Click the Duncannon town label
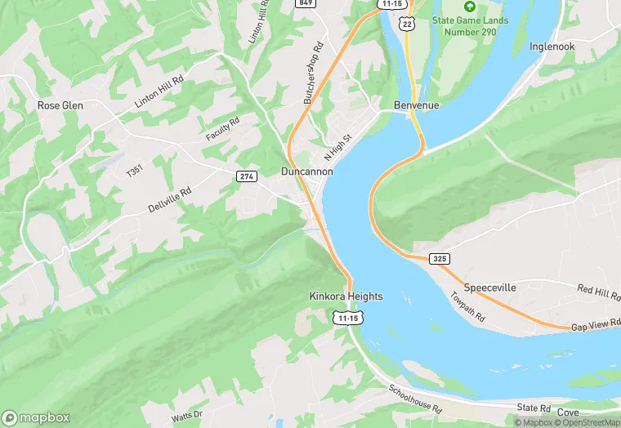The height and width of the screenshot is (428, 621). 306,172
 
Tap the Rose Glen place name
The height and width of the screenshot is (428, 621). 60,105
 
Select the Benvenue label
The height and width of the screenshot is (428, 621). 416,106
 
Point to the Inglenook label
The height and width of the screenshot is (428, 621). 552,47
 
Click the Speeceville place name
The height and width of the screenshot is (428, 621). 491,288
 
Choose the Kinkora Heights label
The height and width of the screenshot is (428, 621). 346,296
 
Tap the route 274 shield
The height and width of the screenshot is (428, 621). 246,176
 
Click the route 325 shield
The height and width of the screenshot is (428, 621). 440,258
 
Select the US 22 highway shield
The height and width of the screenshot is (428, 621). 406,25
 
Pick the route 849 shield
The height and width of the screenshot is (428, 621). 306,3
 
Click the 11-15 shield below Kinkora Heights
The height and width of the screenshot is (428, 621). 347,317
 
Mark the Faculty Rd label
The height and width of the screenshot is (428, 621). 222,128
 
